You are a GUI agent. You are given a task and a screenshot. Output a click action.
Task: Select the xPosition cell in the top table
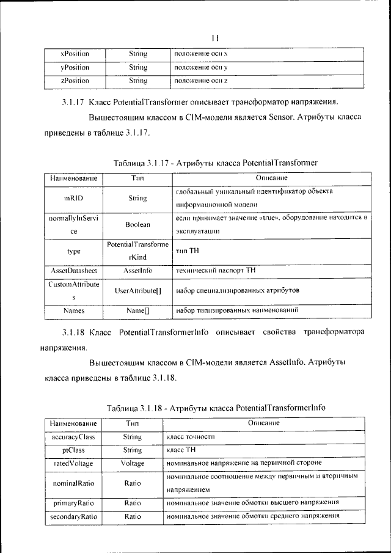click(x=75, y=54)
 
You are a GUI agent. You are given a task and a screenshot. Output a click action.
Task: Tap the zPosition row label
click(x=75, y=81)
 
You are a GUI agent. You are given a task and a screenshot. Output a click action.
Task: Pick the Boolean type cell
click(x=137, y=224)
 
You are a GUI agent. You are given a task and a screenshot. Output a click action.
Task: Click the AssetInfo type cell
click(x=137, y=270)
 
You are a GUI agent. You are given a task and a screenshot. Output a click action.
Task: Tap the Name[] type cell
click(x=137, y=311)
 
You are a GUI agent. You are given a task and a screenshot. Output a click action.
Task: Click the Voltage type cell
click(x=133, y=464)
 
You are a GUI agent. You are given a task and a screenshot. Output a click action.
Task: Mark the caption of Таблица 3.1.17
click(x=216, y=164)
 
